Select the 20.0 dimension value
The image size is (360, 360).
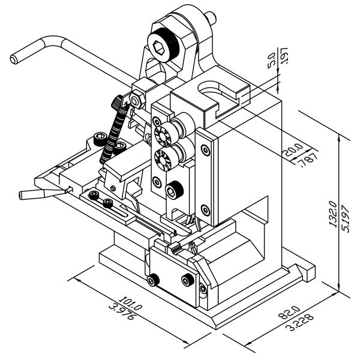(295, 149)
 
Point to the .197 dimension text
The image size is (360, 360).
(285, 61)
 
